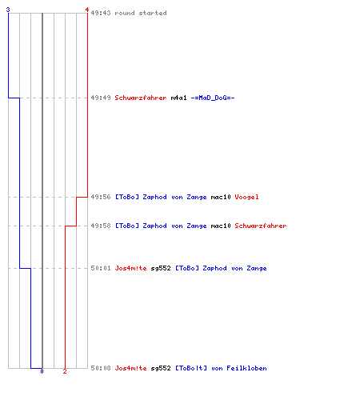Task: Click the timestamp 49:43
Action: [101, 13]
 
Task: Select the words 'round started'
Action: [141, 13]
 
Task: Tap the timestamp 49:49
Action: [101, 98]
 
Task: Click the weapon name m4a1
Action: [178, 98]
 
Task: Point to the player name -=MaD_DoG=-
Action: [213, 98]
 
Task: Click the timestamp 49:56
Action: [101, 197]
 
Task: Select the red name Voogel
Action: [246, 197]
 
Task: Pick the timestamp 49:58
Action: [101, 226]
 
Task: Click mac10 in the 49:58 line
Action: [221, 226]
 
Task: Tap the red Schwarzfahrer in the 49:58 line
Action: [261, 226]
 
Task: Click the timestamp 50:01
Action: [101, 268]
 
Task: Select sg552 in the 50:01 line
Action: [161, 268]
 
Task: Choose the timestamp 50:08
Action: [101, 368]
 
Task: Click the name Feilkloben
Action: [246, 368]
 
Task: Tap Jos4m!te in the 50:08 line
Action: [130, 368]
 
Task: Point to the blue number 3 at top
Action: [8, 10]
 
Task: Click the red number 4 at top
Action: [87, 10]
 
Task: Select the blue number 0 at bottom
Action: [42, 371]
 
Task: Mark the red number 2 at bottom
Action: [65, 371]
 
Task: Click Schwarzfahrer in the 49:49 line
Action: [141, 98]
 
